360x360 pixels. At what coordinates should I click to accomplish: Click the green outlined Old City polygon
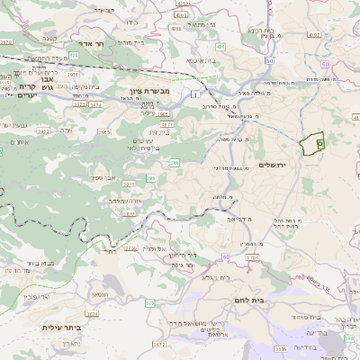[311, 145]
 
